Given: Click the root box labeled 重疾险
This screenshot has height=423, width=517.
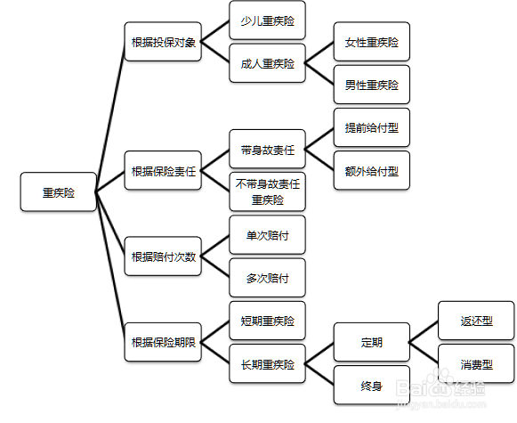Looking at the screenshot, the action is click(59, 191).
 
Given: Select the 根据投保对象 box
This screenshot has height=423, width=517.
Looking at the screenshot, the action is click(163, 42).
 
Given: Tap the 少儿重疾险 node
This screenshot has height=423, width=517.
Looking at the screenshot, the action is click(268, 20).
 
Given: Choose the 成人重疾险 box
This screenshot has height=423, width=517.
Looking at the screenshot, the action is click(268, 63).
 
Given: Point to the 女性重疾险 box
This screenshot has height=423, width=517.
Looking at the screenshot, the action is click(372, 42).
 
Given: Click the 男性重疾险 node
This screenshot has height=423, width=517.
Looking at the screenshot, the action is click(372, 85).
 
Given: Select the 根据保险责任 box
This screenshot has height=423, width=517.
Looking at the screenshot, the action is click(163, 170).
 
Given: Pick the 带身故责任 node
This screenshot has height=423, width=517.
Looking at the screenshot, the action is click(268, 149).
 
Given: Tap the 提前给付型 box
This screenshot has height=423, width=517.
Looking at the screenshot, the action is click(372, 127).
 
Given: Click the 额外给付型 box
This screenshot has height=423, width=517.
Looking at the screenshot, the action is click(372, 170).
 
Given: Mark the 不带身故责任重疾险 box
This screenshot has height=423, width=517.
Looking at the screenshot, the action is click(268, 191).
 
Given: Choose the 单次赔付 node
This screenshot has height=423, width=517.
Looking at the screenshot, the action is click(268, 234).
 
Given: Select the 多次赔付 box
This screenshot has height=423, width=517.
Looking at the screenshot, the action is click(268, 278).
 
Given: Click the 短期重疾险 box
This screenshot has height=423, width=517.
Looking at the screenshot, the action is click(268, 321).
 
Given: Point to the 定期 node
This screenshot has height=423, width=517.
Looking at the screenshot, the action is click(372, 342).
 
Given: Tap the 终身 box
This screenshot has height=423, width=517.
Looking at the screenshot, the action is click(372, 385).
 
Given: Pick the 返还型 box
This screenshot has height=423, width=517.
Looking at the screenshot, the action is click(476, 321).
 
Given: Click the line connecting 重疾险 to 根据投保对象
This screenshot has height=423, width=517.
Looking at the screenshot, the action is click(110, 117).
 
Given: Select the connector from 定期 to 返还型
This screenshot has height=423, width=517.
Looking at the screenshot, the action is click(424, 331).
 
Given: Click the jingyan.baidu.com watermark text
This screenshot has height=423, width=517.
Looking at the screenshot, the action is click(441, 404).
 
